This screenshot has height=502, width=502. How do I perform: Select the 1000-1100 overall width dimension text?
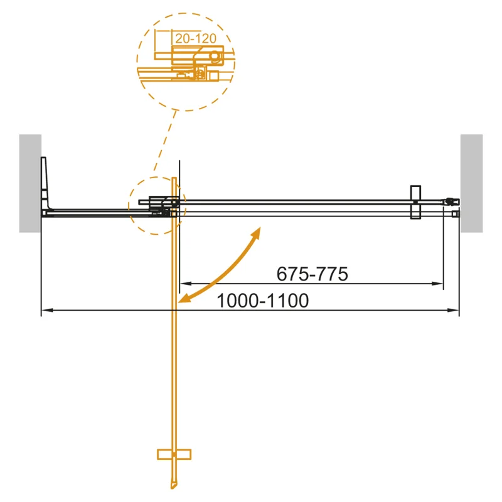tap(262, 301)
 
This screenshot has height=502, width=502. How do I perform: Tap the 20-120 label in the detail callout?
tap(196, 39)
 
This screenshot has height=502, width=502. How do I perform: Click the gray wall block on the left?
tap(30, 183)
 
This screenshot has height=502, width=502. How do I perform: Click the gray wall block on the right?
tap(471, 183)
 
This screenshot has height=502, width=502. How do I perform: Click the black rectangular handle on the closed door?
tap(415, 202)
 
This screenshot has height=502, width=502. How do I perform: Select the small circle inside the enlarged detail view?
tap(215, 56)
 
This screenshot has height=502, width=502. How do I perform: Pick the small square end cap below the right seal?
tap(456, 213)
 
